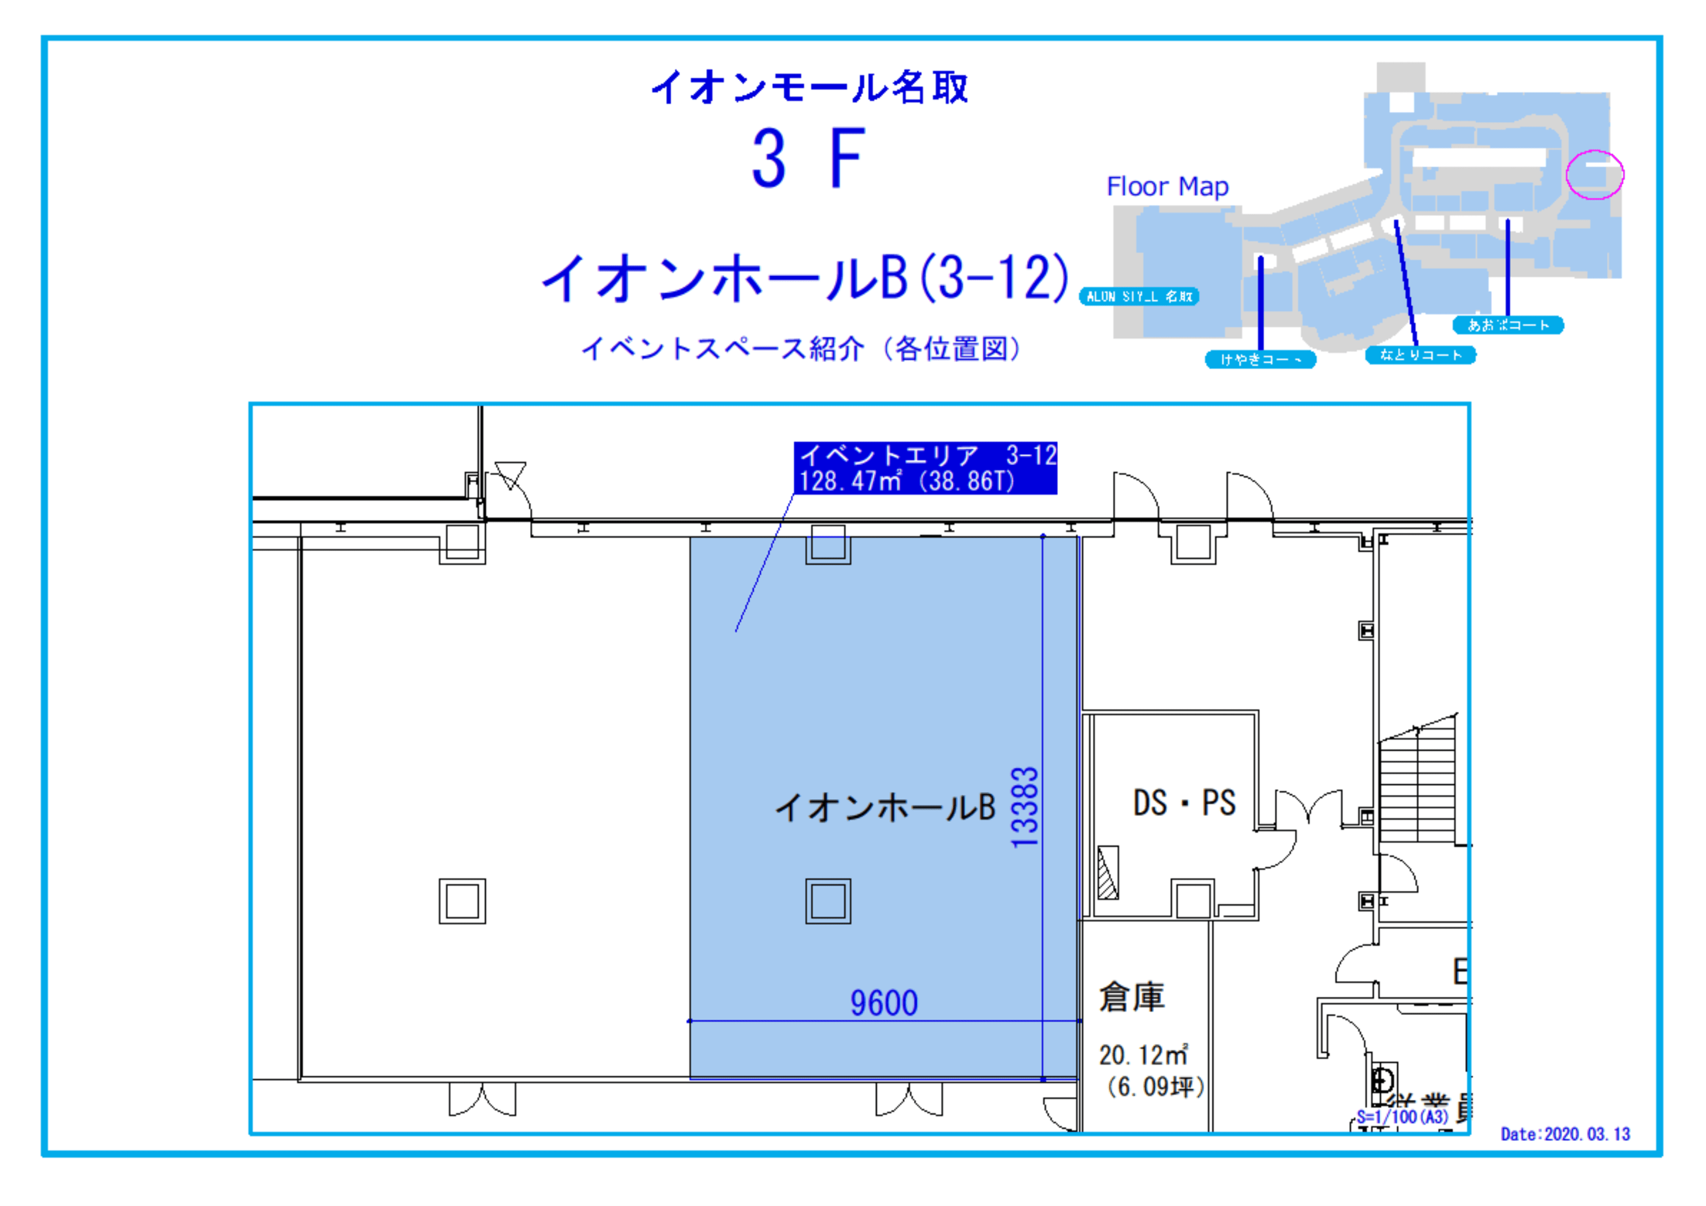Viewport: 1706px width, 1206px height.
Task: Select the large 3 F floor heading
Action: (808, 158)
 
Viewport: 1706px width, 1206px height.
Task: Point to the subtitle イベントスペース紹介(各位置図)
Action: (801, 349)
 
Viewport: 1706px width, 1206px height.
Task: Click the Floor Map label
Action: (1167, 187)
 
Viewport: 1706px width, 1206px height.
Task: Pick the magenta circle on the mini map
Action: (1595, 175)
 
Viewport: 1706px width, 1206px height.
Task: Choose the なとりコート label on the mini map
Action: (1420, 355)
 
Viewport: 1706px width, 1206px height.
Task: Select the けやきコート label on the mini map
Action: (1260, 359)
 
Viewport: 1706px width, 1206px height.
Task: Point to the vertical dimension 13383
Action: (1025, 807)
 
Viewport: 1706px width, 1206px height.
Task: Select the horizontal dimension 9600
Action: (883, 1003)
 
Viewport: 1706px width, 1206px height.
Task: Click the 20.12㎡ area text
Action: (1143, 1055)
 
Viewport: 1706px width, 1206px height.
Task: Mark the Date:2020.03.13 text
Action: (1565, 1134)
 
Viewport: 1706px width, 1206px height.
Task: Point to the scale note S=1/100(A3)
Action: (1402, 1117)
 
